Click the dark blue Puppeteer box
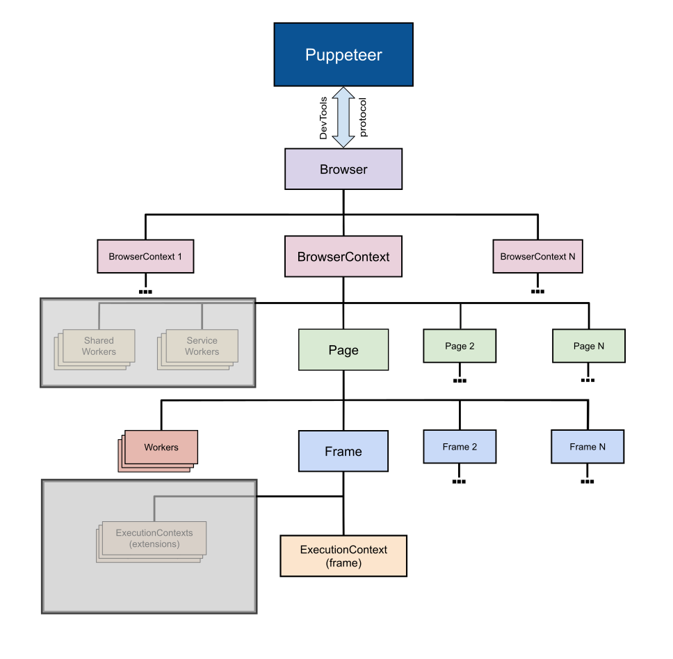tap(343, 55)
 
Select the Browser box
tap(343, 169)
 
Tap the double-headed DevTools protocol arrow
tap(343, 117)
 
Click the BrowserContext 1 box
tap(145, 257)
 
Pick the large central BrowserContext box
tap(343, 257)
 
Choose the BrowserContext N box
tap(537, 257)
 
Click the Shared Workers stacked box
tap(99, 346)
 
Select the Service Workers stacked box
tap(202, 346)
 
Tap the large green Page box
tap(343, 350)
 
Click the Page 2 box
tap(460, 346)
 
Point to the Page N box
tap(588, 346)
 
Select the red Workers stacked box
tap(161, 447)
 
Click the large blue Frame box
tap(343, 452)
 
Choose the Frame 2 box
tap(460, 447)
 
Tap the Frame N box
tap(587, 447)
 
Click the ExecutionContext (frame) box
tap(343, 556)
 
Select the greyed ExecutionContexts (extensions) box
tap(154, 539)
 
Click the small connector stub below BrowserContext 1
tap(145, 291)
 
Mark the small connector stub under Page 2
tap(460, 381)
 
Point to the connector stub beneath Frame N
tap(587, 481)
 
